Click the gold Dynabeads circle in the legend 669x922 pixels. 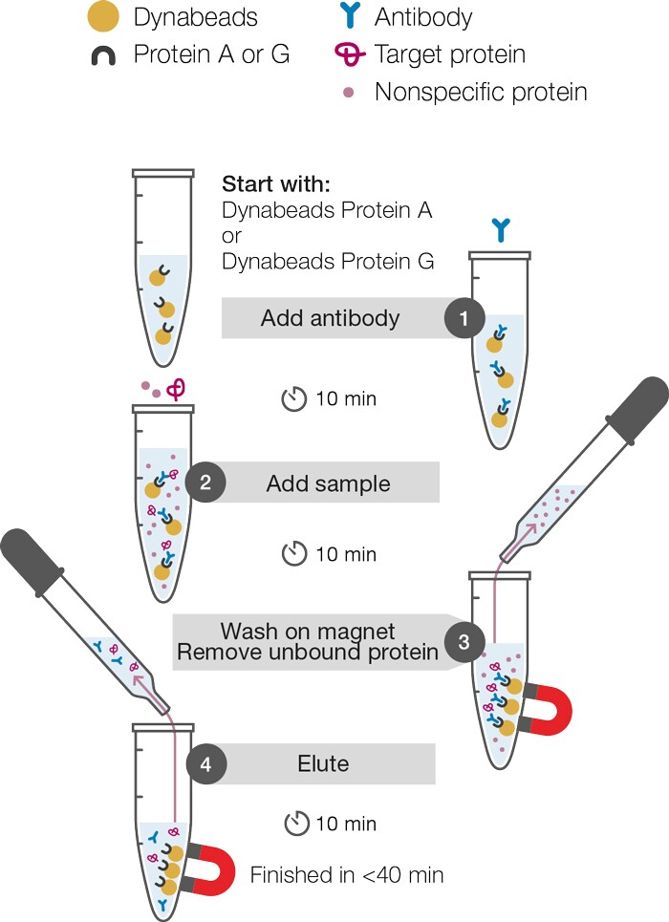(x=103, y=16)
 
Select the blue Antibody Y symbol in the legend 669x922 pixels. (x=350, y=15)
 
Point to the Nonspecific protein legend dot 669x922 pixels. (x=348, y=92)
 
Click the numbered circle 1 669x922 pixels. (x=464, y=318)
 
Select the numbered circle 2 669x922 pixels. (x=205, y=482)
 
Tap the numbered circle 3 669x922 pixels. (x=464, y=641)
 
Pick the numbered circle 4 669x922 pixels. (x=205, y=763)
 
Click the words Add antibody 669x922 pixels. (x=330, y=318)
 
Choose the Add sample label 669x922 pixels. (x=329, y=483)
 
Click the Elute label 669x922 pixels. (x=323, y=763)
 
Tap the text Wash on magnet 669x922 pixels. (x=308, y=631)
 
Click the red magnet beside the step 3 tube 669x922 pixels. (x=548, y=709)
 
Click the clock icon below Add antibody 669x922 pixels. (x=294, y=399)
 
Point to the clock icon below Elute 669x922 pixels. (x=296, y=824)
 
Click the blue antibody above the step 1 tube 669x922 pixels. (x=501, y=229)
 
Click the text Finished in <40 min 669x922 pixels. (x=347, y=875)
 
